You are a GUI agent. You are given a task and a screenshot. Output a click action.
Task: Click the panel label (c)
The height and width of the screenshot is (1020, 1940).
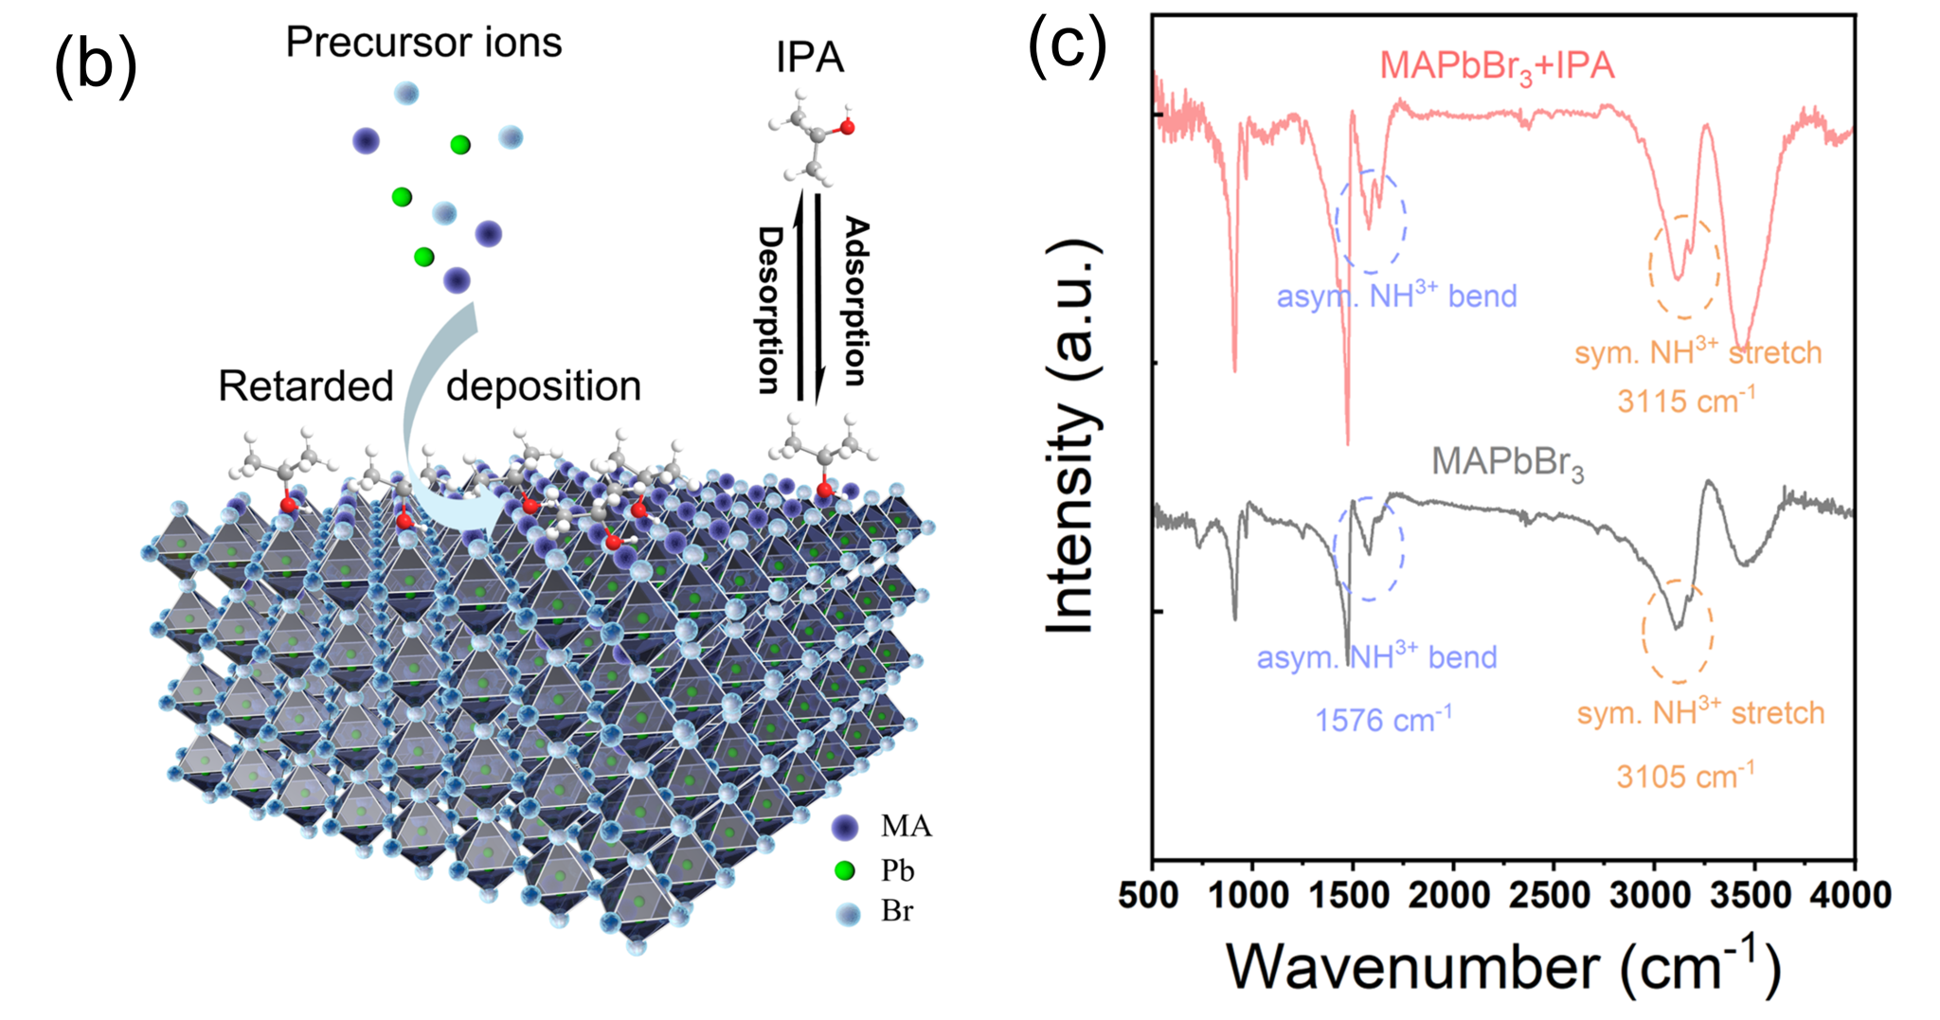pyautogui.click(x=1067, y=44)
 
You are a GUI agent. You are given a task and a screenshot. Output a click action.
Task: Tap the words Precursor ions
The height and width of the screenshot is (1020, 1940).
pyautogui.click(x=423, y=43)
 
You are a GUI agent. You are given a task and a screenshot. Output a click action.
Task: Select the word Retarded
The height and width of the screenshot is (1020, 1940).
pyautogui.click(x=305, y=386)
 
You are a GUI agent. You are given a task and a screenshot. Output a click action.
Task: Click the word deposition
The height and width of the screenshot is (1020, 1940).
pyautogui.click(x=544, y=386)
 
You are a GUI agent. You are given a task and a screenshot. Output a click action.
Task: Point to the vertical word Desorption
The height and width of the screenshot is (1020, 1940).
pyautogui.click(x=769, y=309)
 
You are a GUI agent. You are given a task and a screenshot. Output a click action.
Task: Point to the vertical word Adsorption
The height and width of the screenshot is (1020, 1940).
pyautogui.click(x=855, y=301)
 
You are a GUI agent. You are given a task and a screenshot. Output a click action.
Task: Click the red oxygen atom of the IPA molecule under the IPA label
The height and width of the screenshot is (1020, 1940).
pyautogui.click(x=847, y=127)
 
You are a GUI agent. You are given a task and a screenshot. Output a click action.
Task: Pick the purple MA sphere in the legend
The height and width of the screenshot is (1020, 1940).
pyautogui.click(x=844, y=828)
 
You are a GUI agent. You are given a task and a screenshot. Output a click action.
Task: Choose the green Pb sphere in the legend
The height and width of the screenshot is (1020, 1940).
pyautogui.click(x=844, y=870)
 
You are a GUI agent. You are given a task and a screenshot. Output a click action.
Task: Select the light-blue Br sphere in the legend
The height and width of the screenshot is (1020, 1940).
pyautogui.click(x=848, y=913)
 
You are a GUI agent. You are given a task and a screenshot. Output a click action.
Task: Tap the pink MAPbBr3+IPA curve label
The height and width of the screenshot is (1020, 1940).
pyautogui.click(x=1497, y=66)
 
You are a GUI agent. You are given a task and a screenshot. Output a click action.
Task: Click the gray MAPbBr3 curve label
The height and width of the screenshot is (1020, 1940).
pyautogui.click(x=1507, y=463)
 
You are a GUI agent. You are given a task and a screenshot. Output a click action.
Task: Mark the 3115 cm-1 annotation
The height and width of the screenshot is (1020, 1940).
pyautogui.click(x=1685, y=401)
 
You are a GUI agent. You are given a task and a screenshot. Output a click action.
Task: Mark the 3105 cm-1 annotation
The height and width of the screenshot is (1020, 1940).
pyautogui.click(x=1684, y=777)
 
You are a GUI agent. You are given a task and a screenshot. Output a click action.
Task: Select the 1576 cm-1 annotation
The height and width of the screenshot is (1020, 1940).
pyautogui.click(x=1382, y=721)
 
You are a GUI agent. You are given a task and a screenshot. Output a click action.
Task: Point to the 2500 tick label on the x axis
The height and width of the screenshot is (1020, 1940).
pyautogui.click(x=1553, y=895)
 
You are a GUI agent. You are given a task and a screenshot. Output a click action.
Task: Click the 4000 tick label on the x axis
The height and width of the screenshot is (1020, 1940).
pyautogui.click(x=1853, y=895)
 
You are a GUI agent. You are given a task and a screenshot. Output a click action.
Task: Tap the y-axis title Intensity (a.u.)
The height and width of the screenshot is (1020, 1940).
pyautogui.click(x=1072, y=436)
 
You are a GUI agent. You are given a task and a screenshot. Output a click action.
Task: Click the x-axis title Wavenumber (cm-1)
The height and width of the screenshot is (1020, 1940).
pyautogui.click(x=1503, y=967)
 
